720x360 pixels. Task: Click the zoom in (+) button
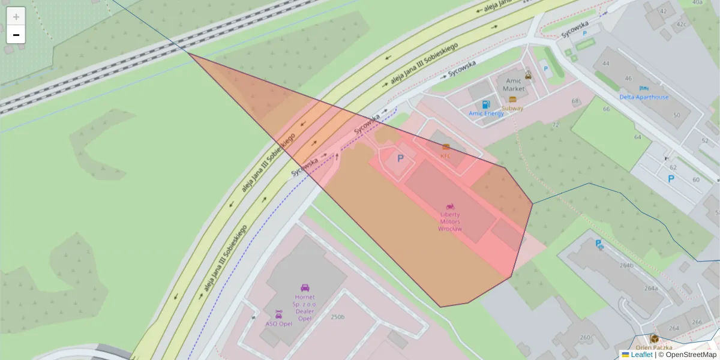[16, 16]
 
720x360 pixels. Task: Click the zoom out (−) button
[16, 35]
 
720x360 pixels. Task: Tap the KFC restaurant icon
[446, 146]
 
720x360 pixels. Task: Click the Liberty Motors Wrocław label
[450, 221]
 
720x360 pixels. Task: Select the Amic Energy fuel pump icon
[486, 104]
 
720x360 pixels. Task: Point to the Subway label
[512, 109]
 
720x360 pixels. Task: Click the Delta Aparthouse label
[644, 97]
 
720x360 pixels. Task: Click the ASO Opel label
[278, 323]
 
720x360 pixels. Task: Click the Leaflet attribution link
[641, 355]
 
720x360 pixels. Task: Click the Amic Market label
[514, 85]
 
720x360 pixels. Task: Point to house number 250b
[338, 317]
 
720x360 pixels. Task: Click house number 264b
[626, 265]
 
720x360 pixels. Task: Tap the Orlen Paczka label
[654, 347]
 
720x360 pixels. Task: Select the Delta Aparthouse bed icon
[644, 88]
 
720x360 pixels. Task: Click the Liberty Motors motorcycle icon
[450, 206]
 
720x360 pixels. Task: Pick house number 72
[556, 125]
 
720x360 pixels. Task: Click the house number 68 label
[575, 101]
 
